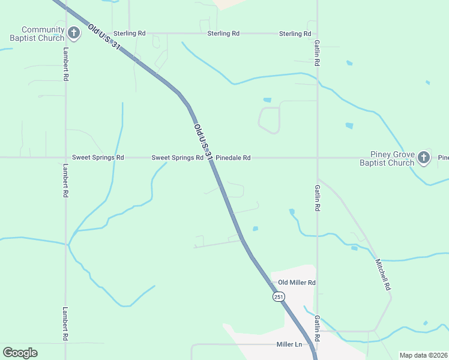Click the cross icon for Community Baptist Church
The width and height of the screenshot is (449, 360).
[x=74, y=33]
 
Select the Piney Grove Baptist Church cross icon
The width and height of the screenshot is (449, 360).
[x=424, y=158]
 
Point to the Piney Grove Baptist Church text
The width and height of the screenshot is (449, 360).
[x=393, y=158]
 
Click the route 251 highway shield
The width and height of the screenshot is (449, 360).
[x=279, y=297]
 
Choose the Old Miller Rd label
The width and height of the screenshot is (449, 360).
[x=297, y=283]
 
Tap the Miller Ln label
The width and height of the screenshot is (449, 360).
[x=289, y=344]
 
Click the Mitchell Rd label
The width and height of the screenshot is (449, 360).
[x=383, y=275]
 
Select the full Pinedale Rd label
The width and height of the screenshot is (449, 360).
[x=233, y=158]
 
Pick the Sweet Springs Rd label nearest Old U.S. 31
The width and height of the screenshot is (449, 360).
[x=177, y=158]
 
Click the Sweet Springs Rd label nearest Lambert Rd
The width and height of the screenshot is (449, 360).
[x=98, y=158]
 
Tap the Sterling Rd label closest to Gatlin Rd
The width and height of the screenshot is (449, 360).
[x=295, y=34]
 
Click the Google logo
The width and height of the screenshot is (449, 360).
[x=20, y=353]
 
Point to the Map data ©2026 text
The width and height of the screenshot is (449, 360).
[x=423, y=355]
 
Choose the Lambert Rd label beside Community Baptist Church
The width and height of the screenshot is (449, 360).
[x=65, y=70]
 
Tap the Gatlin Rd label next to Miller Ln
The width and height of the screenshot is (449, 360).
[x=317, y=329]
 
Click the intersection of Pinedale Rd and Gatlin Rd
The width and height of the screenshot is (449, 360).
[x=318, y=158]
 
